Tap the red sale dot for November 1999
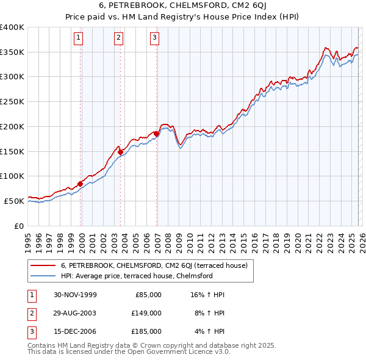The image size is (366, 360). coord(80,184)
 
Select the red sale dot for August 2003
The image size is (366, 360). coord(121,152)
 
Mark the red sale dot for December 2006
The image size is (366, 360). coord(156,134)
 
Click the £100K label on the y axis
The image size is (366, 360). coord(12,176)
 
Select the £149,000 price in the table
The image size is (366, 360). coord(146,313)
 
